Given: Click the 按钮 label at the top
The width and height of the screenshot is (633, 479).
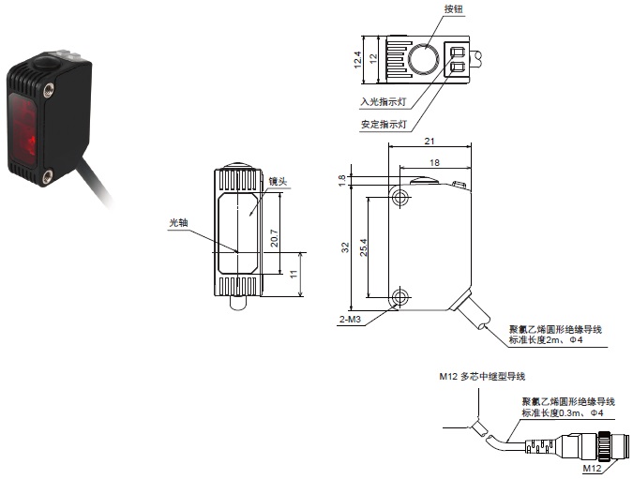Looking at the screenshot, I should [454, 8].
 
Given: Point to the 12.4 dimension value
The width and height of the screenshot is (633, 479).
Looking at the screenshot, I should [356, 58].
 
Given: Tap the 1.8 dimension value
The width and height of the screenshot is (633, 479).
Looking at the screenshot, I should [342, 177].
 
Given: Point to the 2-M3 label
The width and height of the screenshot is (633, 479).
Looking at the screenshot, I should [350, 319].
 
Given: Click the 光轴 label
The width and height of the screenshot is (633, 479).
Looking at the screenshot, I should [179, 222].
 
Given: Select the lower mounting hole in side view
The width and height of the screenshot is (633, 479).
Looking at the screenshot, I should [400, 298].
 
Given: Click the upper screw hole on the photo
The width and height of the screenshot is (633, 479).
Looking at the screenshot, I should [48, 90].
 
